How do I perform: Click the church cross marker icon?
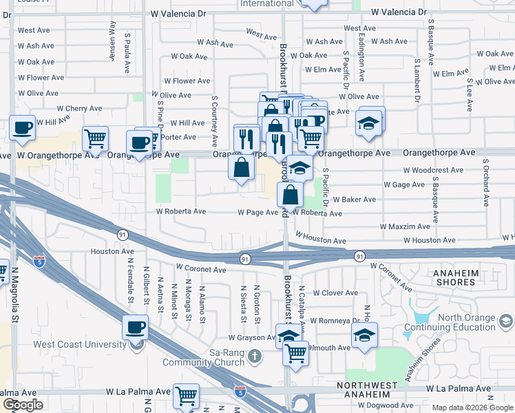pos(255,356)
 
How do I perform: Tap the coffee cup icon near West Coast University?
pos(135,327)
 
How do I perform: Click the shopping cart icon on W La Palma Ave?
pos(186,395)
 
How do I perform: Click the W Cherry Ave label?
pos(79,108)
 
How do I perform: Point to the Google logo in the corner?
pos(23,405)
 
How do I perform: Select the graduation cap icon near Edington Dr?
pos(368,122)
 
